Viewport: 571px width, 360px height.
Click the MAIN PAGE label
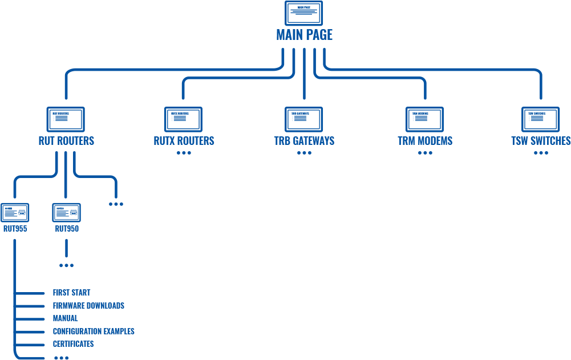pyautogui.click(x=304, y=35)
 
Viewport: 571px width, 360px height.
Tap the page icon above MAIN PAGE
pyautogui.click(x=303, y=13)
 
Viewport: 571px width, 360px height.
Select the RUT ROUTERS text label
pyautogui.click(x=66, y=141)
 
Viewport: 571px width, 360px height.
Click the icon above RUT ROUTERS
pyautogui.click(x=65, y=119)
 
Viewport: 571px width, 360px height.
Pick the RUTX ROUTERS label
pyautogui.click(x=184, y=141)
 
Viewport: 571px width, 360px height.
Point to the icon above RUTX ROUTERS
pyautogui.click(x=184, y=119)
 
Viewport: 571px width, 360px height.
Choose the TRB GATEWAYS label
pyautogui.click(x=304, y=141)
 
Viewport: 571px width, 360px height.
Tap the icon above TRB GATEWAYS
pyautogui.click(x=303, y=119)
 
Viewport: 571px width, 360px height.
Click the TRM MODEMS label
pyautogui.click(x=425, y=141)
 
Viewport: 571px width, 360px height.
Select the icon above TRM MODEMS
pyautogui.click(x=425, y=119)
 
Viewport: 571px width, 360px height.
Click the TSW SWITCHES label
pyautogui.click(x=541, y=141)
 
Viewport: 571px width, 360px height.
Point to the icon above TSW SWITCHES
pyautogui.click(x=540, y=119)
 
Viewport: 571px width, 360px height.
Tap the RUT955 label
pyautogui.click(x=15, y=229)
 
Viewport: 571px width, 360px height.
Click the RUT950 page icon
pyautogui.click(x=66, y=213)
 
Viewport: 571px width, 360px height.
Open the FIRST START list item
pyautogui.click(x=71, y=293)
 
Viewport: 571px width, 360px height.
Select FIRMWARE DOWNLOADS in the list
pyautogui.click(x=88, y=306)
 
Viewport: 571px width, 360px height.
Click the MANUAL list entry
pyautogui.click(x=65, y=318)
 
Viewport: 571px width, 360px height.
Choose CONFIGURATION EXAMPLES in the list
pyautogui.click(x=94, y=331)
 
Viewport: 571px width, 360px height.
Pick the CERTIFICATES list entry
pyautogui.click(x=73, y=344)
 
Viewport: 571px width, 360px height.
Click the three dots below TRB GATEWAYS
pyautogui.click(x=304, y=153)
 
